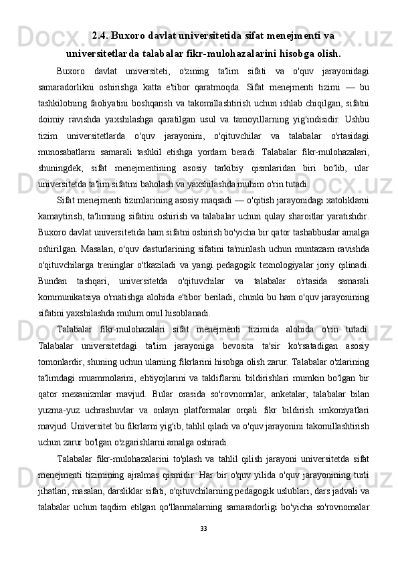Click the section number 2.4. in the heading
[102, 34]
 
